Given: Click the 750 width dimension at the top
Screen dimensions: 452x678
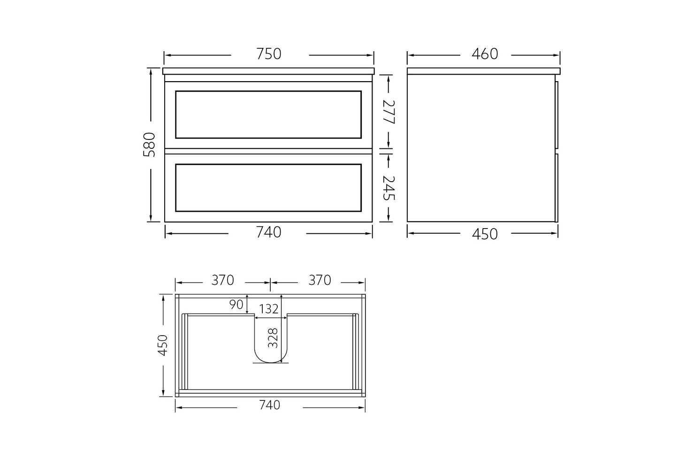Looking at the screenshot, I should (269, 54).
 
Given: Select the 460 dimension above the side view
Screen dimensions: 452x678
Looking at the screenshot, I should (484, 54).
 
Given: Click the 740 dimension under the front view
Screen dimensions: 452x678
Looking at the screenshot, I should (269, 232).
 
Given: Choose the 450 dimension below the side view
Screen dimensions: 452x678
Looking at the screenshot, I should (484, 233).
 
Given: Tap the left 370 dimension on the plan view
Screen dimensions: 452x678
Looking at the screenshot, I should (222, 280).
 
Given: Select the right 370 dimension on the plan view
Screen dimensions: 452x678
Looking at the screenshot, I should (320, 280).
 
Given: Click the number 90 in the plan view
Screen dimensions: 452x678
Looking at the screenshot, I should (236, 305).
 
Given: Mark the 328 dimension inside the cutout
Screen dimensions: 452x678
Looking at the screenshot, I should (274, 337).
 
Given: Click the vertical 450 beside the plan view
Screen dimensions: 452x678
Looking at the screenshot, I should (163, 345).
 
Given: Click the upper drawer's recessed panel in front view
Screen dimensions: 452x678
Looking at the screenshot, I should (268, 115).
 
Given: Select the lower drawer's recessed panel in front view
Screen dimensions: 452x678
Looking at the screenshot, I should (268, 187).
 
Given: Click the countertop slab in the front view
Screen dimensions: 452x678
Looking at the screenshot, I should (269, 71).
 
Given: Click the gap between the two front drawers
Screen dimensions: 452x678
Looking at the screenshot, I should (269, 151).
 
